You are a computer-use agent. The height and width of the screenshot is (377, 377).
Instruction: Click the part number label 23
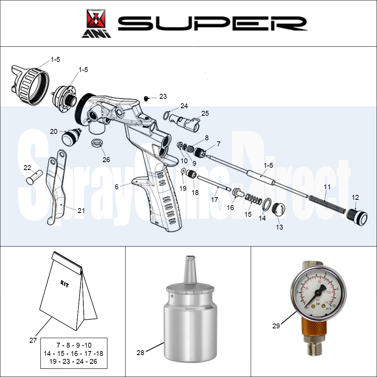[x=163, y=97]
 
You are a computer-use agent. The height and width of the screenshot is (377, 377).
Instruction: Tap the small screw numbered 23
[x=146, y=98]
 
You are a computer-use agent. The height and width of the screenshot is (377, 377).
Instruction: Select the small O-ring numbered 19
[x=183, y=173]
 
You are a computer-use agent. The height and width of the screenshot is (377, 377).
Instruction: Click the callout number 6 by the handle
[x=117, y=187]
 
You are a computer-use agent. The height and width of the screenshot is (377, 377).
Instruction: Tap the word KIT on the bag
[x=64, y=284]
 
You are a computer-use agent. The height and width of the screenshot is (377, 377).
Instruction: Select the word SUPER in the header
[x=212, y=23]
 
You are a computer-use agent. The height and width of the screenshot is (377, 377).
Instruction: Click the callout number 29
[x=276, y=326]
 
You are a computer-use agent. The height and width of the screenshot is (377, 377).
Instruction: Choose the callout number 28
[x=141, y=353]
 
